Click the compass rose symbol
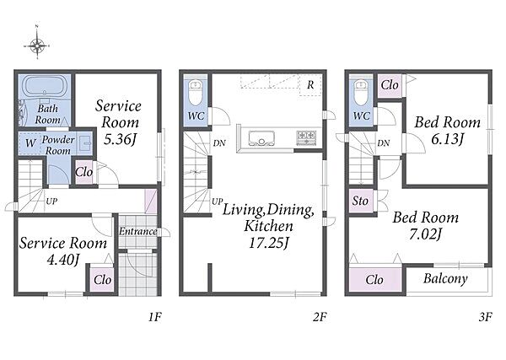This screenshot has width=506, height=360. coord(37,46)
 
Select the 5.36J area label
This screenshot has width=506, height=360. coord(120,139)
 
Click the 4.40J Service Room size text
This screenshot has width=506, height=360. coord(63,260)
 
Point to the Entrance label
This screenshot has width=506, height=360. coord(138,231)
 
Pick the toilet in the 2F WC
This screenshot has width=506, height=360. coord(196,92)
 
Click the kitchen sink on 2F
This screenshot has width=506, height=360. coord(261,138)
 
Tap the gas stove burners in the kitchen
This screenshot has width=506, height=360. coord(306,137)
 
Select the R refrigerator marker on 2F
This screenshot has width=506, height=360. coord(310,85)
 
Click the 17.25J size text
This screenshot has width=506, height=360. coord(268,243)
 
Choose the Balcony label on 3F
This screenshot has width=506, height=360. coord(445,279)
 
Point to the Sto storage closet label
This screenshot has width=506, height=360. coord(360,201)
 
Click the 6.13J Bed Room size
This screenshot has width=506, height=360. coord(447,139)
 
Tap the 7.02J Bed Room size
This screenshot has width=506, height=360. coord(425,234)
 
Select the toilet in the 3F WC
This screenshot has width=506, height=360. coord(361,92)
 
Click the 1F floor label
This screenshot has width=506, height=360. coord(155,317)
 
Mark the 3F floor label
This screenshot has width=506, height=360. coord(485,317)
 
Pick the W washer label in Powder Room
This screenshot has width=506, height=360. coord(30,142)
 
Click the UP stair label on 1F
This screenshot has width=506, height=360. coord(51,201)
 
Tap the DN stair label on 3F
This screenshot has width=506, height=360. coord(384,142)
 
